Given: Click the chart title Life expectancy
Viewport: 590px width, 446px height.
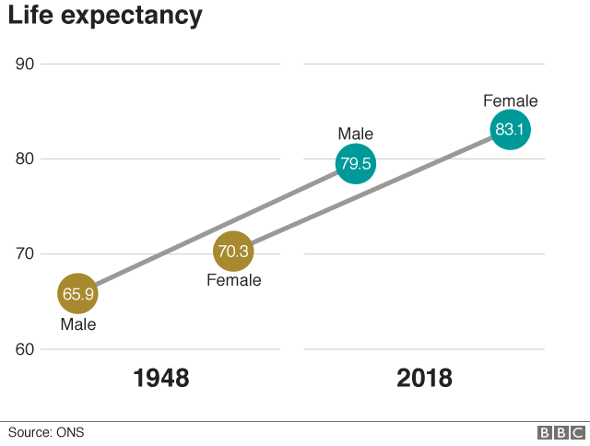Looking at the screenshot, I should click(x=105, y=17).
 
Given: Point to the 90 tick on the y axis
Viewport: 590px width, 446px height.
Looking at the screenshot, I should click(x=25, y=64).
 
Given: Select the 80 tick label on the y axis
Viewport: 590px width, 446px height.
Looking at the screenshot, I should click(x=25, y=158).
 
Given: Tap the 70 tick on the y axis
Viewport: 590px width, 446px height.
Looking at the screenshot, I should click(x=25, y=254).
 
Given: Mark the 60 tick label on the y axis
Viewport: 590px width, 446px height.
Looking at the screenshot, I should click(x=25, y=349).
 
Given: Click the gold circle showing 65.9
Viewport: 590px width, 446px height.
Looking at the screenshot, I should click(x=77, y=295).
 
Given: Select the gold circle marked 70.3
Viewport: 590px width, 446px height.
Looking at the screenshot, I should click(x=233, y=252).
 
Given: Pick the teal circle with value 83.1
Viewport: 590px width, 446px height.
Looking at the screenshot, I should click(x=510, y=130).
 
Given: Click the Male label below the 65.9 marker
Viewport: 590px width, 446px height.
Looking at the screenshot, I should click(x=78, y=324).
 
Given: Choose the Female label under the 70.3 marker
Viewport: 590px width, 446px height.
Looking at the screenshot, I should click(x=233, y=281).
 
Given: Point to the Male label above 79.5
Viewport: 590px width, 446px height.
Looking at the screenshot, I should click(x=355, y=135).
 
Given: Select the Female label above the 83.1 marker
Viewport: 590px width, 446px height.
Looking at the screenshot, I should click(x=510, y=101).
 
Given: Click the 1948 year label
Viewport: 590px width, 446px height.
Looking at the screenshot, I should click(x=161, y=379).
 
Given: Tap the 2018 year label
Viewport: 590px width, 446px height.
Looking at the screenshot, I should click(x=424, y=379).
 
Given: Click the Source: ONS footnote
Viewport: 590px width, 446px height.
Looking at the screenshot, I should click(x=46, y=432).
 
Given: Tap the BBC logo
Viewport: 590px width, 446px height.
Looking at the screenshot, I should click(x=561, y=433).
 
